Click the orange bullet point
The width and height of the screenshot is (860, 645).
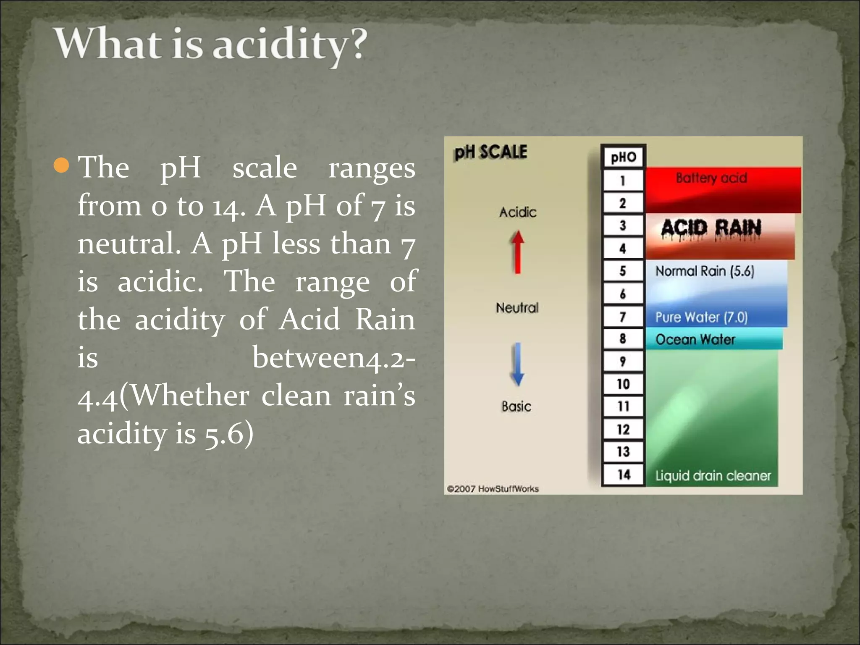pos(61,165)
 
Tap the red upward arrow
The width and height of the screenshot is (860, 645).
pos(518,252)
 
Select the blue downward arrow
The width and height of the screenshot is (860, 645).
pos(518,364)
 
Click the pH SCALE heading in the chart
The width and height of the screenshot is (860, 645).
pos(490,152)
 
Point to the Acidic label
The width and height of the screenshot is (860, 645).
pos(518,212)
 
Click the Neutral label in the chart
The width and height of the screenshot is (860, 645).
pos(517,308)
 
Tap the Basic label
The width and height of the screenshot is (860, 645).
pos(517,406)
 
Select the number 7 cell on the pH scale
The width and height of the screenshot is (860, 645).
pos(623,317)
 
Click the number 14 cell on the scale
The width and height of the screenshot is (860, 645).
pos(624,475)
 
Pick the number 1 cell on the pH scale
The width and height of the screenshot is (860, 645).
pos(623,181)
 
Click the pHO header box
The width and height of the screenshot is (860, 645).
pos(623,157)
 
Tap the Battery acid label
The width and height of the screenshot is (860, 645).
pos(711,178)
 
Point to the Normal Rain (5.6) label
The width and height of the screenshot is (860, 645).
pos(705,271)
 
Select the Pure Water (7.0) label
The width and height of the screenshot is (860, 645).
pos(701,317)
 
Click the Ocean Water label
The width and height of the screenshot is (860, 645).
pos(695,339)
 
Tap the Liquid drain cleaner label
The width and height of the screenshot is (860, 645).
pos(713,476)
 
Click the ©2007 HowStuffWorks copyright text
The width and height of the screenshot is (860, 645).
pos(493,489)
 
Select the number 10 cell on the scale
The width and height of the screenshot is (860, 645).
pos(623,384)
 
